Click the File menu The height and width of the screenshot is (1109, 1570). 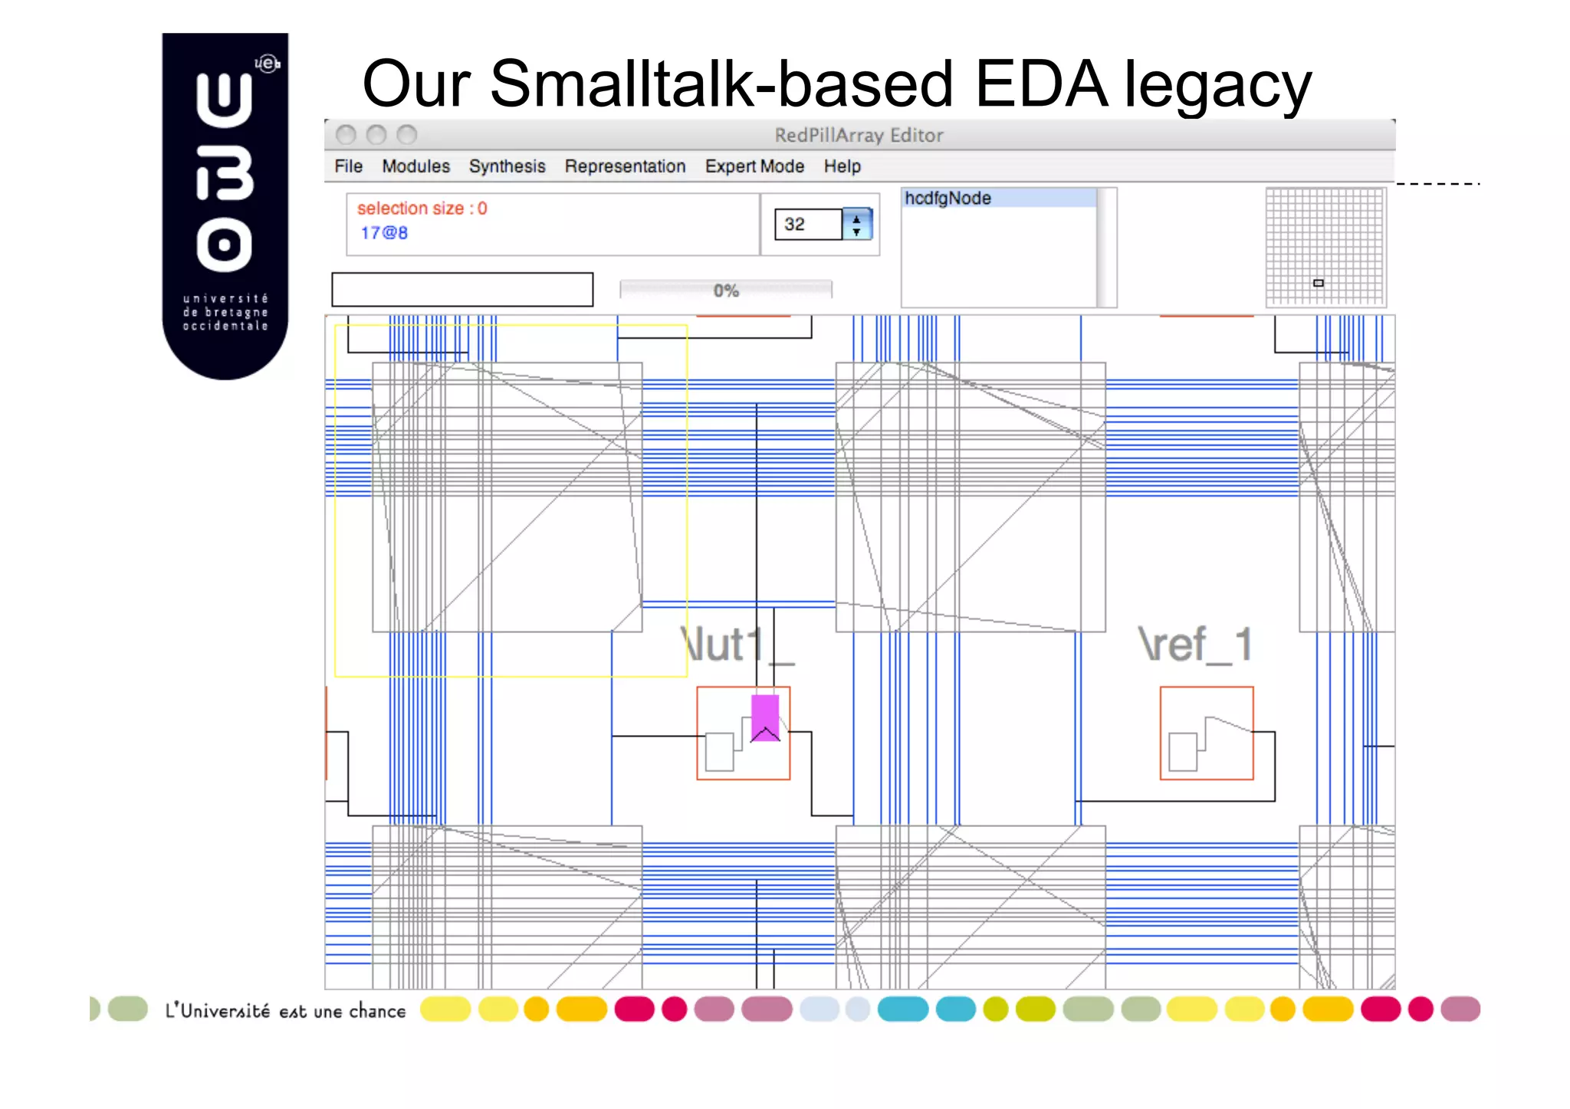coord(348,166)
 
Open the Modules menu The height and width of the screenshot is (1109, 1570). coord(415,166)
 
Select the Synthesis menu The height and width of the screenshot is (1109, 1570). coord(507,166)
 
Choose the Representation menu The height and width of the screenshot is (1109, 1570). coord(625,166)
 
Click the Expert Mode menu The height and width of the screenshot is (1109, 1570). coord(754,166)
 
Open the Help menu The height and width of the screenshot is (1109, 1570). coord(842,166)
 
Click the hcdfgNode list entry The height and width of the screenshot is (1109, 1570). coord(948,199)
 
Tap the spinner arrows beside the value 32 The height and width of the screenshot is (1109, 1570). coord(856,225)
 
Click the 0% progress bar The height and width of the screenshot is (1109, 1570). coord(725,290)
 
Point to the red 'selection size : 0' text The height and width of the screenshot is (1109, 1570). coord(422,208)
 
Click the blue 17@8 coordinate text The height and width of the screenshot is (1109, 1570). coord(384,233)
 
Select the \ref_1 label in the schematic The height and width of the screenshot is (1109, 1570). coord(1194,645)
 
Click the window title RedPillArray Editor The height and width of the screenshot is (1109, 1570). coord(858,136)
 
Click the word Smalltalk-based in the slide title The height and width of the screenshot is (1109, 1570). coord(721,84)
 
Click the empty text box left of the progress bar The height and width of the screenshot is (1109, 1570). coord(461,290)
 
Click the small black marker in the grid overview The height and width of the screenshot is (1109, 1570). coord(1318,283)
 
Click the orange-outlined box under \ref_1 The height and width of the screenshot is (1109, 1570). coord(1206,733)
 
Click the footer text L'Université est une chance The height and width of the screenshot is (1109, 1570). coord(285,1012)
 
